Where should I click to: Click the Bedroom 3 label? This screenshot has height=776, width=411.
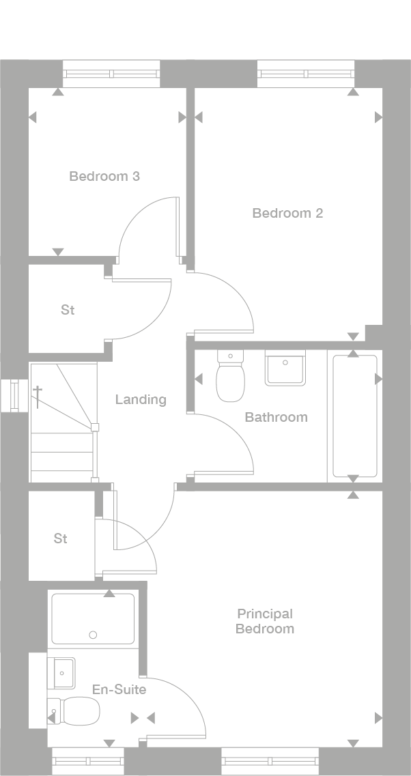click(104, 176)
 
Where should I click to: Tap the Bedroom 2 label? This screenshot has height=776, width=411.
click(287, 213)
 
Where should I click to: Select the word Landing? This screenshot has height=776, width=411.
click(141, 399)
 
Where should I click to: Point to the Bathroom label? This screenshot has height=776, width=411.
click(276, 417)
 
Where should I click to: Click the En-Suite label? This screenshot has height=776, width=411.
click(119, 689)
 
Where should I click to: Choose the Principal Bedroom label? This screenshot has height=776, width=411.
click(265, 622)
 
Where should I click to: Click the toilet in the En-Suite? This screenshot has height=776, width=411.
click(76, 711)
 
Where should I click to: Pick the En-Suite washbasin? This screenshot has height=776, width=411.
click(61, 673)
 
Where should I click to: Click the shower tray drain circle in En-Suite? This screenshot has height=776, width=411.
click(93, 635)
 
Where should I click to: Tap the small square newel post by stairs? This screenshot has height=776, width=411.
click(95, 428)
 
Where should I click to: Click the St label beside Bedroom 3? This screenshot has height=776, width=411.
click(68, 310)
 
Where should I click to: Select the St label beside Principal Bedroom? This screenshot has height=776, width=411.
click(61, 538)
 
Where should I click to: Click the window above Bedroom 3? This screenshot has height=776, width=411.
click(111, 74)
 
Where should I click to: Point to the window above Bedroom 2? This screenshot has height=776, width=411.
click(306, 74)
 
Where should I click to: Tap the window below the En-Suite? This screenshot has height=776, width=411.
click(88, 761)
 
